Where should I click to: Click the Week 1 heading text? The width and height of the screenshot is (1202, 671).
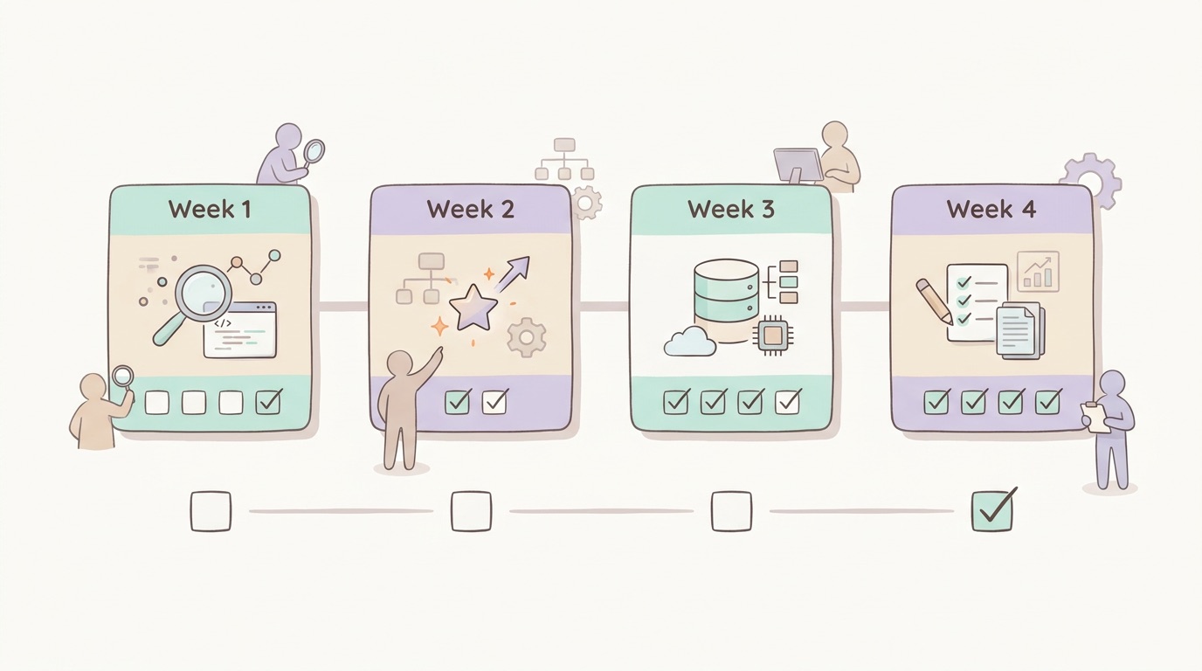[x=210, y=210]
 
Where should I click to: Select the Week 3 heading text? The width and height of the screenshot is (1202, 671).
[x=731, y=210]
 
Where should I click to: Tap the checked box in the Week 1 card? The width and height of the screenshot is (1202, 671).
[x=268, y=401]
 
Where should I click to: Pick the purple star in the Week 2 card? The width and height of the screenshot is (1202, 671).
[x=473, y=308]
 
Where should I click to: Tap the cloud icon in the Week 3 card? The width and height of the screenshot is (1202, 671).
[x=690, y=342]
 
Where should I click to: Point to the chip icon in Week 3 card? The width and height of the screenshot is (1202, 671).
[x=772, y=335]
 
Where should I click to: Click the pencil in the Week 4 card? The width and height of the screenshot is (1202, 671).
[x=934, y=301]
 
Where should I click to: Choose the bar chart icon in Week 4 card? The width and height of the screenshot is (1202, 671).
[x=1038, y=272]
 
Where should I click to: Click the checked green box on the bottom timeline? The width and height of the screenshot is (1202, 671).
[x=992, y=510]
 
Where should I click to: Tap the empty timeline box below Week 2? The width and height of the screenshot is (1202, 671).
[x=471, y=511]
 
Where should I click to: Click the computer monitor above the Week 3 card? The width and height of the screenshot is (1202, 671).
[x=798, y=165]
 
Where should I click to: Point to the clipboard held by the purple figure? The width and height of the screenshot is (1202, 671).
[x=1095, y=417]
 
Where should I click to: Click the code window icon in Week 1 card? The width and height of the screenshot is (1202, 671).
[x=239, y=329]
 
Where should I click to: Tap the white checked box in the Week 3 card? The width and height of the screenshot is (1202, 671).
[x=787, y=402]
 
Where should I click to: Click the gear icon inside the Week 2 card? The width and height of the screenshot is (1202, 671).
[x=527, y=337]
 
